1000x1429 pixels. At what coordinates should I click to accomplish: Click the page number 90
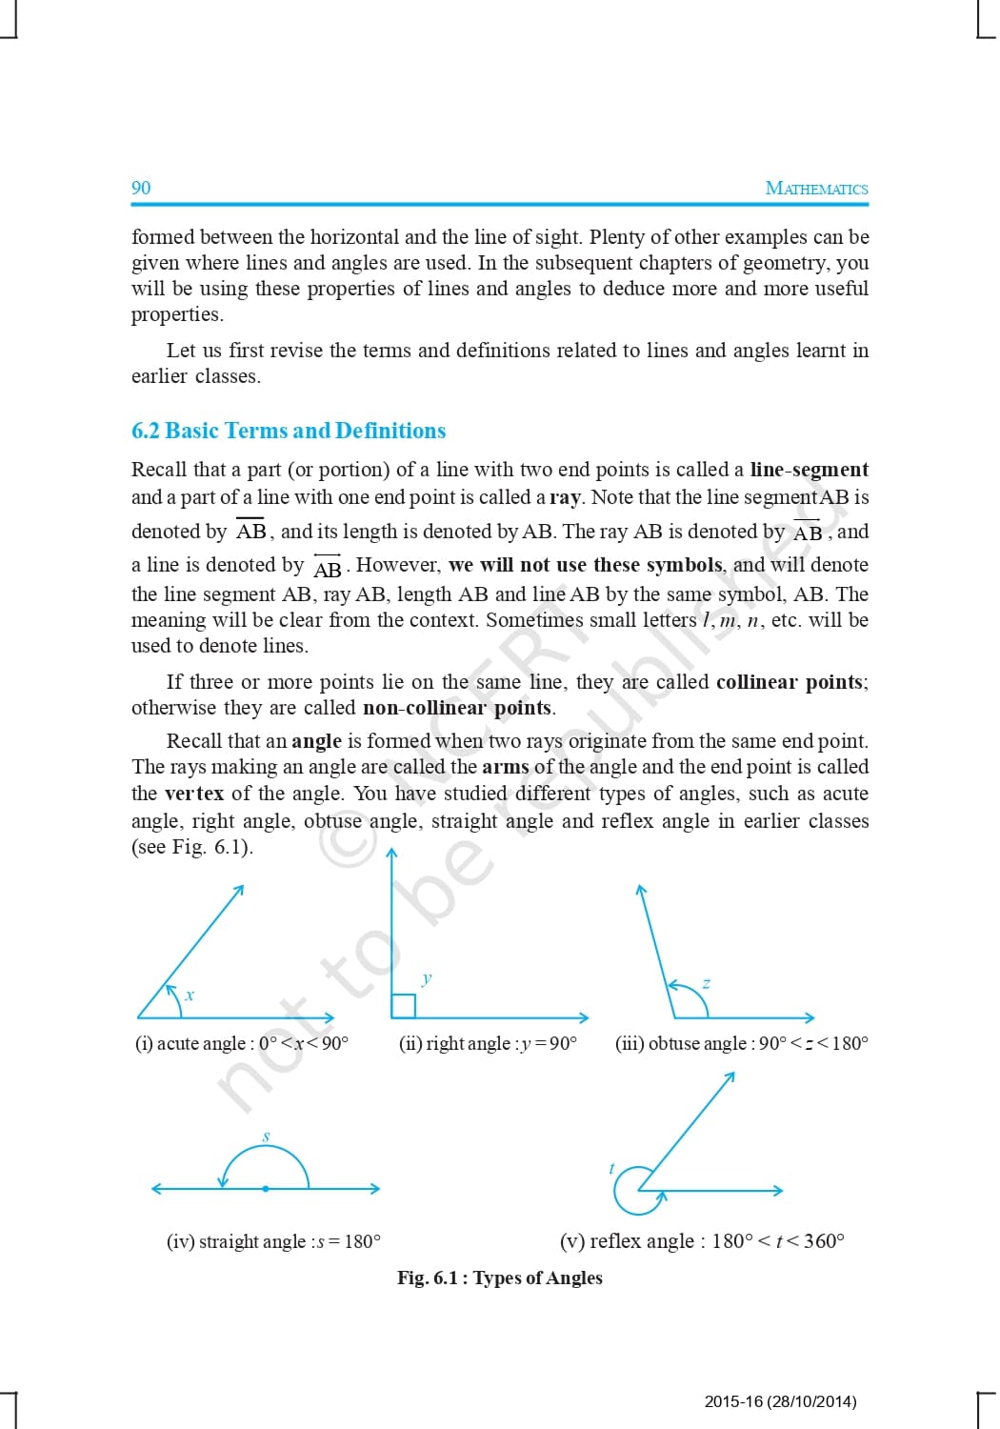141,188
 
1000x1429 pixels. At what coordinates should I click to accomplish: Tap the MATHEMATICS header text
816,189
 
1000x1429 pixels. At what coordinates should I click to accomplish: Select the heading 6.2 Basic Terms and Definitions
289,431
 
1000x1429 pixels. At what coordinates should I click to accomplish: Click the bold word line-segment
809,469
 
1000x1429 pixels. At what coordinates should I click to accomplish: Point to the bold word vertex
194,793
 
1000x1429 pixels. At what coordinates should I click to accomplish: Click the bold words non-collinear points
457,708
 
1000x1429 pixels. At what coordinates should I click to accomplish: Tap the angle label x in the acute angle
190,996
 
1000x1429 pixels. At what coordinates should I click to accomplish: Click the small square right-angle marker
403,1006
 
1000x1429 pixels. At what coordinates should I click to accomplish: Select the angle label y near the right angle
427,977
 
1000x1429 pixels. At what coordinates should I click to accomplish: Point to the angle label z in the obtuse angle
706,982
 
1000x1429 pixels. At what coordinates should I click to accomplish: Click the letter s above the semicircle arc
266,1137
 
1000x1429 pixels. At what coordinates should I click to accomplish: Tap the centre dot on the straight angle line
265,1189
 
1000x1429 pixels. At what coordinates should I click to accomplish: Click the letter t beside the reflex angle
611,1168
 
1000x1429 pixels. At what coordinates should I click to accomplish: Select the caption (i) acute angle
242,1043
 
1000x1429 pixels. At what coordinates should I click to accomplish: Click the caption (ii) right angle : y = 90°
488,1043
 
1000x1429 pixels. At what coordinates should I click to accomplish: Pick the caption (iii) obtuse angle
741,1043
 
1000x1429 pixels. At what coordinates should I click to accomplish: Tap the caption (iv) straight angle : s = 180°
273,1241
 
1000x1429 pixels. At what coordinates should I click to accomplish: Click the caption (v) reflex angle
702,1240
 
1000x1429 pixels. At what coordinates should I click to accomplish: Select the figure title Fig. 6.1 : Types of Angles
500,1278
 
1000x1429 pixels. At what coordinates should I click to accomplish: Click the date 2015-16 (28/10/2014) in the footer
780,1401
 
